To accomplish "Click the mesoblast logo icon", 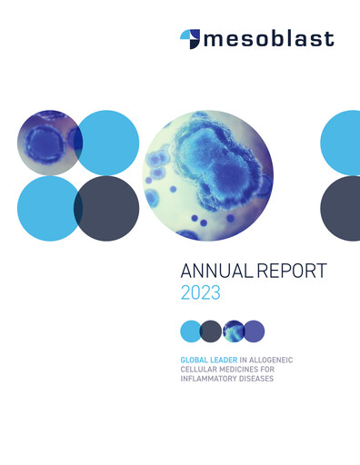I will point(189,38).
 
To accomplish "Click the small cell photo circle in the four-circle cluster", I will point(48,142).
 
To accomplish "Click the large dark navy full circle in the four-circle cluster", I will point(107,209).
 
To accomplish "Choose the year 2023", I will point(200,293).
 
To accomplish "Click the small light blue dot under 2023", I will point(191,331).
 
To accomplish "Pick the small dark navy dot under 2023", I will point(211,331).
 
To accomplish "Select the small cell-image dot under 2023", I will point(233,331).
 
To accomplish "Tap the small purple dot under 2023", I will point(254,331).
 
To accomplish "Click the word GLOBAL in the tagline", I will point(195,361).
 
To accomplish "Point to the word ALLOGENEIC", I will point(276,361).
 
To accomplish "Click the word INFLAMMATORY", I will point(211,379).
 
